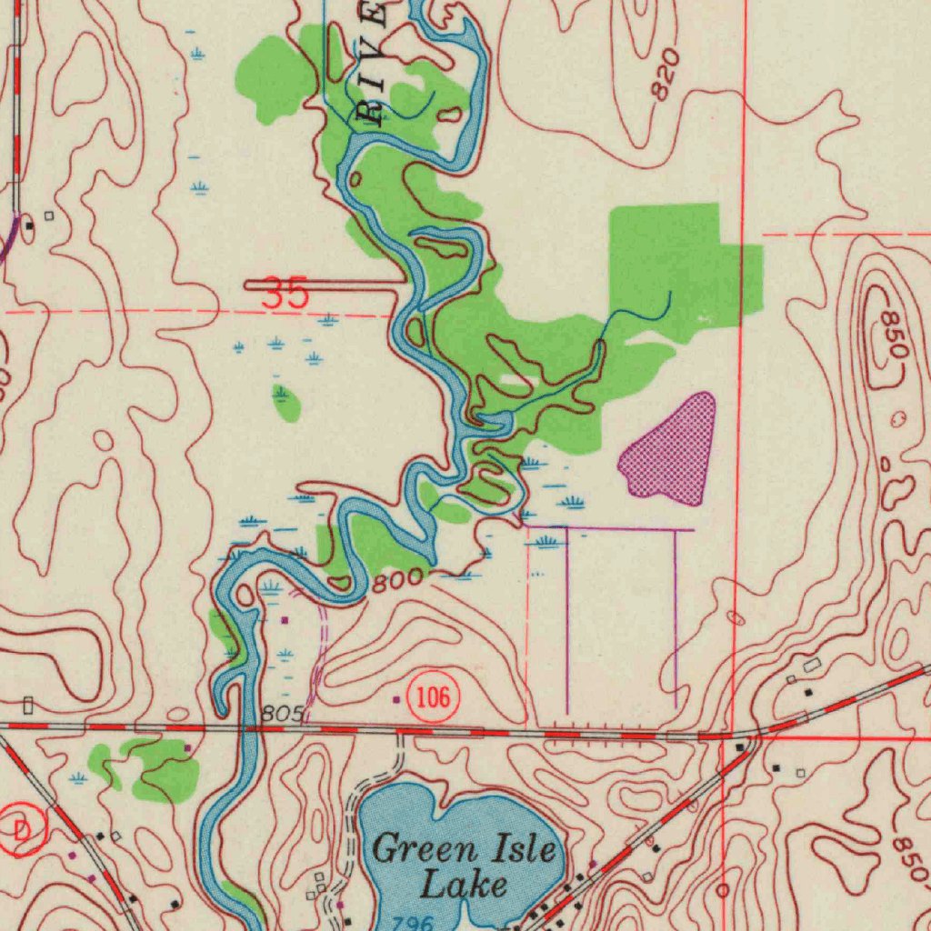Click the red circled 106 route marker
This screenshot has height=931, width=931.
pos(433,698)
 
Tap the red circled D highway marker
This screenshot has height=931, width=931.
pos(20,829)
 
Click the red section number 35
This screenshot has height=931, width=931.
pos(285,294)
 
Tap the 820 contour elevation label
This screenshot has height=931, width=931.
pos(666,75)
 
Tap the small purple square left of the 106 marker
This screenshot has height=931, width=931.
pos(395,700)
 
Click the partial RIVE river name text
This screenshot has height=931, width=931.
pos(371,64)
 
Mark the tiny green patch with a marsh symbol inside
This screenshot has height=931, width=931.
pos(285,401)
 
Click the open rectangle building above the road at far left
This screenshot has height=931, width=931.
pos(28,705)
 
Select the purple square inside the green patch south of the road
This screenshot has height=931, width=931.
pos(187,748)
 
